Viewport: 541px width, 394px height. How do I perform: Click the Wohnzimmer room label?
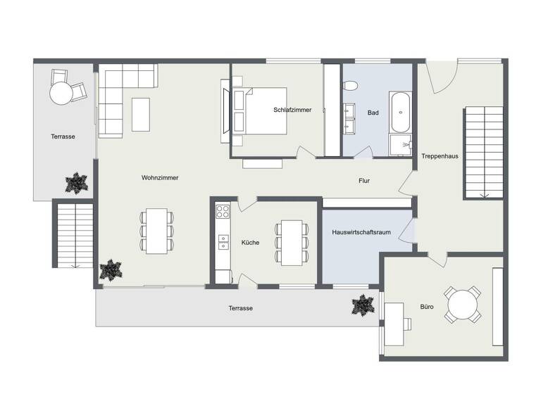coord(160,178)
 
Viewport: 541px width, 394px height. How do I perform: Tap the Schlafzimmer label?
coord(292,110)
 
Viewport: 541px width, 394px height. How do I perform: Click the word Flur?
coord(364,181)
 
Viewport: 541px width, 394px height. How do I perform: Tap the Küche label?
coord(250,243)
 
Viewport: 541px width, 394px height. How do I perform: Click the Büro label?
coord(427,307)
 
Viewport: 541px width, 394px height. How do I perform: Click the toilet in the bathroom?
coord(350,86)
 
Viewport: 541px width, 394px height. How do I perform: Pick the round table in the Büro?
coord(464,305)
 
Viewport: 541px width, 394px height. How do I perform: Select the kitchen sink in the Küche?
coord(223,242)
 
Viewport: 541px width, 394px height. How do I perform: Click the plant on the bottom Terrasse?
coord(362,305)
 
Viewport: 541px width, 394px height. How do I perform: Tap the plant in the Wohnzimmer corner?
coord(111,269)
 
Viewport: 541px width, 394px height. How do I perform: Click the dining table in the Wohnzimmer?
coord(156,230)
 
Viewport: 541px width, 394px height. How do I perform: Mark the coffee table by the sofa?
coord(141,113)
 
